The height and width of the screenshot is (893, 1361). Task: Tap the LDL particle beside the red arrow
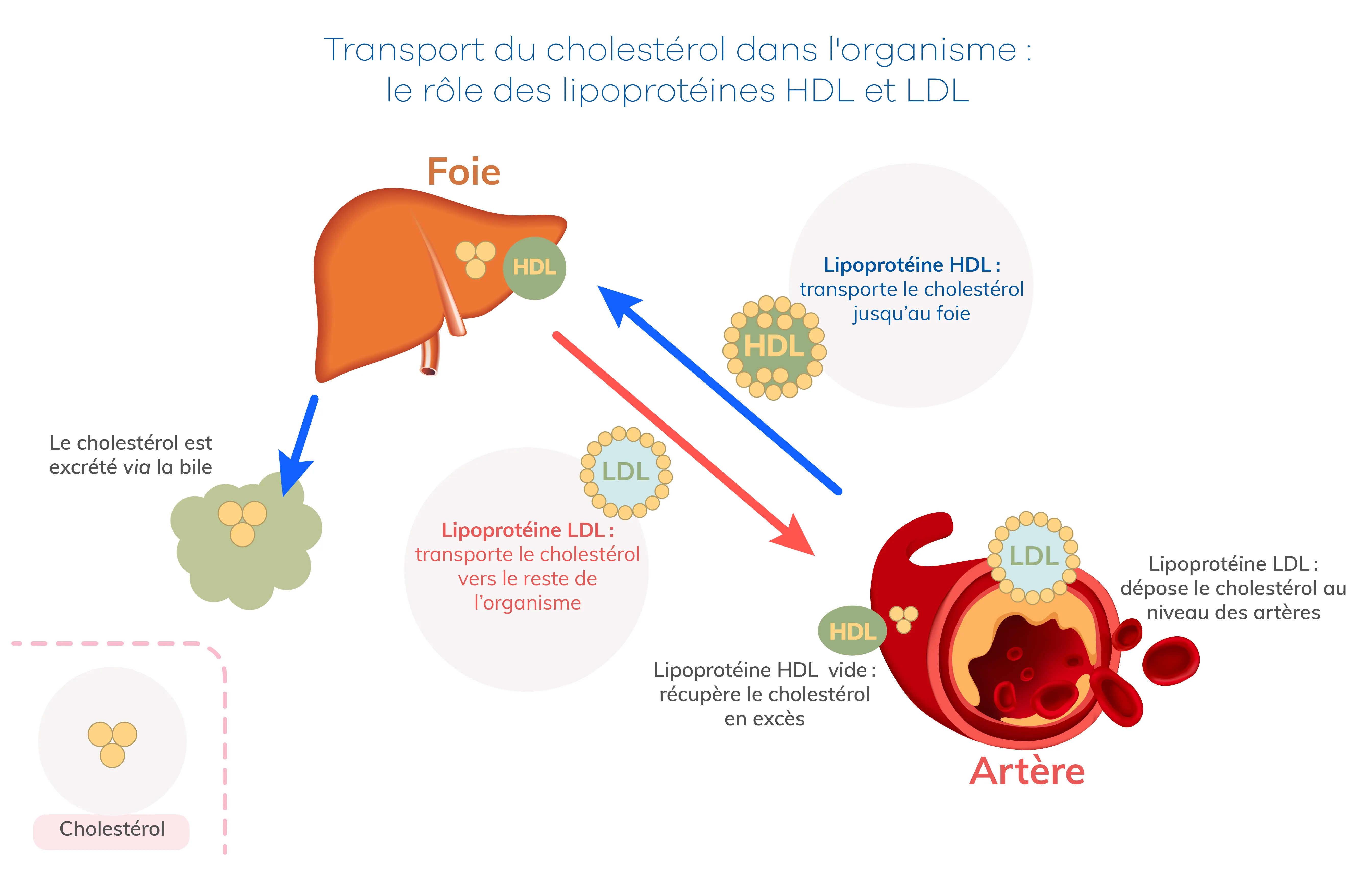[626, 472]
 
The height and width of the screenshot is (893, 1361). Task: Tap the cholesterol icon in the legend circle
[112, 742]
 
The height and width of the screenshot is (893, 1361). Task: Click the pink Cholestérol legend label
[112, 829]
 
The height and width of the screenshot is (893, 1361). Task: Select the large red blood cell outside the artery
[1171, 660]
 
